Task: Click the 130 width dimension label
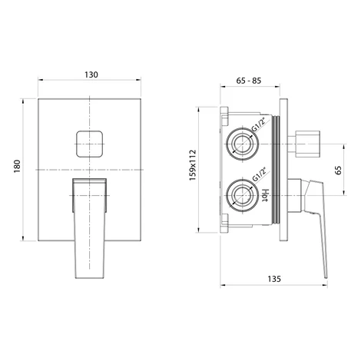(91, 75)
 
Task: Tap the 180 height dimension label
(17, 166)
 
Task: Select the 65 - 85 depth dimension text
(249, 81)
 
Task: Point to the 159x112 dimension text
(193, 165)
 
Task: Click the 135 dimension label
(274, 279)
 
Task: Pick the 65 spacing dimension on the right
(338, 171)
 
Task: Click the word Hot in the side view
(266, 195)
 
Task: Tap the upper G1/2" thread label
(259, 124)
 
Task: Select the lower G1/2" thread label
(259, 175)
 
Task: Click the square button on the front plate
(89, 144)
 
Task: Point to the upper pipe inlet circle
(242, 144)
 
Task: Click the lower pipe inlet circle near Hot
(242, 195)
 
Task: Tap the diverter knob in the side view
(307, 144)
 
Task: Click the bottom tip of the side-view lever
(326, 277)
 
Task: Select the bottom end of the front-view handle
(89, 278)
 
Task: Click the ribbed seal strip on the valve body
(276, 171)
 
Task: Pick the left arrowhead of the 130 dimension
(40, 80)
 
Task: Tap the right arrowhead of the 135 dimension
(326, 285)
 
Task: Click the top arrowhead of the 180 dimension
(23, 101)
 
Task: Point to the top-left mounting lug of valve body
(224, 116)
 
